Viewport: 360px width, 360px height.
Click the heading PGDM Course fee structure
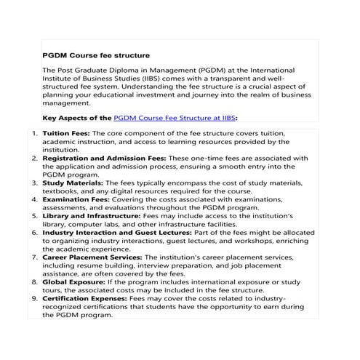[97, 55]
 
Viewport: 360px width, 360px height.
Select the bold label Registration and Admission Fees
[105, 158]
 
